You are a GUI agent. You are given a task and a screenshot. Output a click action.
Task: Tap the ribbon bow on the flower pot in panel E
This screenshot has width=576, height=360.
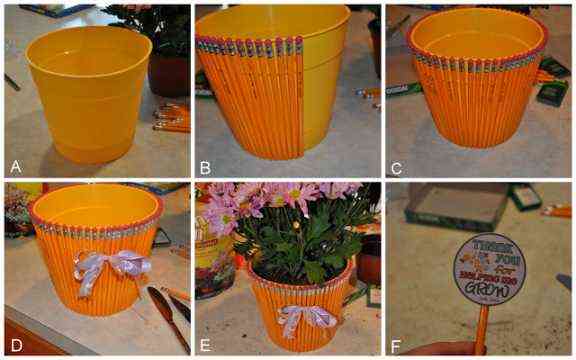coord(306,319)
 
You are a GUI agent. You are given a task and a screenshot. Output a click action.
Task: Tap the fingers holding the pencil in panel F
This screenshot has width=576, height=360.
coord(440,350)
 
